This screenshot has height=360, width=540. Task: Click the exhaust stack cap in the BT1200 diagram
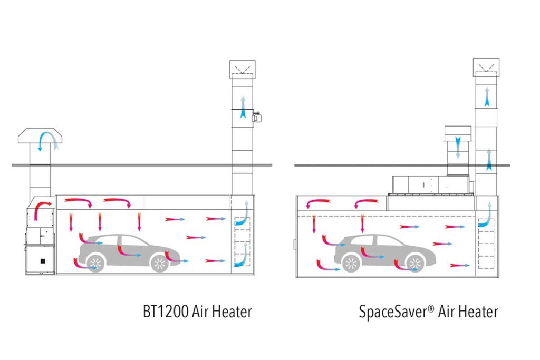click(x=242, y=68)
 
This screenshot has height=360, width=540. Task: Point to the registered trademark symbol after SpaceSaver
click(x=431, y=307)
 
